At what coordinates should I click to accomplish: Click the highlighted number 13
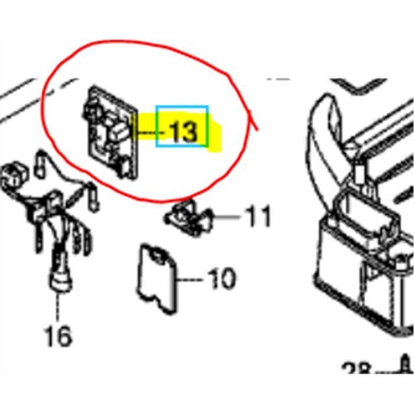(x=183, y=130)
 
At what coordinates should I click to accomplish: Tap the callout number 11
(x=258, y=217)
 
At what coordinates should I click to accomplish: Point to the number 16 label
(x=58, y=333)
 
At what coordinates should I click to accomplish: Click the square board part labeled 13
(x=107, y=133)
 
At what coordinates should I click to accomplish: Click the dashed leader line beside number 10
(x=193, y=280)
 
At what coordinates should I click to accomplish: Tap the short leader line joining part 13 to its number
(x=146, y=129)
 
